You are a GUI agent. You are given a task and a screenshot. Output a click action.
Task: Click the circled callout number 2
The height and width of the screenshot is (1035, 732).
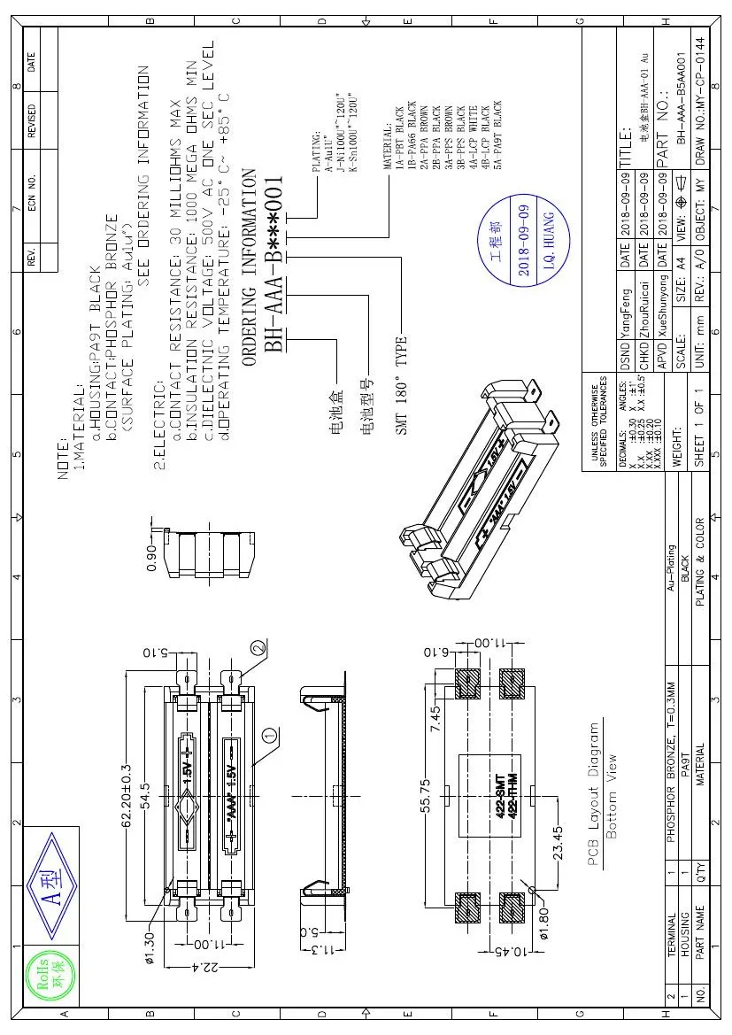(x=258, y=648)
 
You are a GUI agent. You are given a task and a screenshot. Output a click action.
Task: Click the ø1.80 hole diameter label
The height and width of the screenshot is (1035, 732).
(x=544, y=918)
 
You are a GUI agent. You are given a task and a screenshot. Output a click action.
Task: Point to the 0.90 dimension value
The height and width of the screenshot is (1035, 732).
(x=152, y=557)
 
